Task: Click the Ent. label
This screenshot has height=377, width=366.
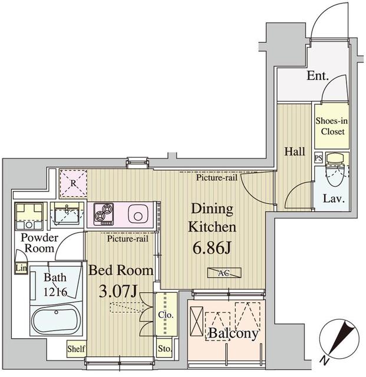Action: click(x=318, y=76)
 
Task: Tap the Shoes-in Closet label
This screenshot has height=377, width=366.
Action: click(x=332, y=126)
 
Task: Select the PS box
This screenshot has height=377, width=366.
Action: click(x=318, y=158)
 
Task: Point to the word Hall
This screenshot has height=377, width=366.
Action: click(x=295, y=151)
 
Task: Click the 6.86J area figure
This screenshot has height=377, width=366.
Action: click(x=212, y=248)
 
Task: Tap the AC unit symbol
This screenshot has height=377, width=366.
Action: click(x=225, y=273)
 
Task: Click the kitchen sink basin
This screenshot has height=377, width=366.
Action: click(x=138, y=214)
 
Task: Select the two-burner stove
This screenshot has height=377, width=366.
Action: click(x=104, y=214)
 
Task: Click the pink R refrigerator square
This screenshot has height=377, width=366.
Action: click(x=73, y=183)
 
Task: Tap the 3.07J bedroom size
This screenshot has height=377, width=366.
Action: click(x=118, y=292)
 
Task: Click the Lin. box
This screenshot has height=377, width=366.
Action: click(x=21, y=268)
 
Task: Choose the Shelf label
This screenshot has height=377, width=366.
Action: click(x=76, y=349)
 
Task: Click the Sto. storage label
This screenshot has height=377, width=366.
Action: click(x=164, y=349)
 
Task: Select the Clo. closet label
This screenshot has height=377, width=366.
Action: click(x=166, y=315)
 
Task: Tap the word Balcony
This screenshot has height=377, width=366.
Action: click(x=233, y=333)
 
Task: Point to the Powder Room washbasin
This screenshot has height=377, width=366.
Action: click(x=67, y=213)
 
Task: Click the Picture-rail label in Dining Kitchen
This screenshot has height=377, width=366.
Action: click(x=216, y=178)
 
